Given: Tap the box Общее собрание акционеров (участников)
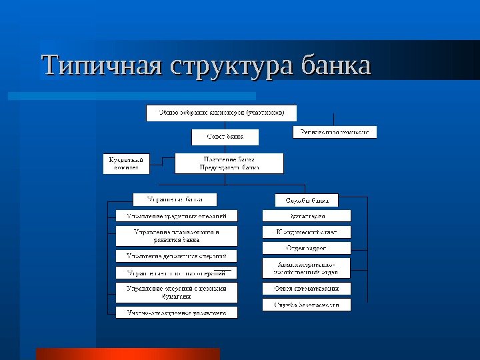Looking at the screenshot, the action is pos(221,113).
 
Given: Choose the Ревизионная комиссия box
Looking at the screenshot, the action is pos(335,132).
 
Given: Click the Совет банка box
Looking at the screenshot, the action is pos(225,137).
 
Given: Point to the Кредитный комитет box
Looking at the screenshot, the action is pos(126,163).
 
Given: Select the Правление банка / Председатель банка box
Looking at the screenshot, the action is pos(229,163).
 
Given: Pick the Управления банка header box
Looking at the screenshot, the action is pos(175,199).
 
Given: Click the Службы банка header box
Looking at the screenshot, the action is pos(307,199).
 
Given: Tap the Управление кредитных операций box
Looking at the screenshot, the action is pos(177,216).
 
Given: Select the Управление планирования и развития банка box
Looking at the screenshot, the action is pos(177,235).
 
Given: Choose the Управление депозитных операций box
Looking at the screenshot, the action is pos(177,255).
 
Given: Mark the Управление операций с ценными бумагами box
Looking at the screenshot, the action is pos(177,293).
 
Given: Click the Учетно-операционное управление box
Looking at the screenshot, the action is pos(177,312).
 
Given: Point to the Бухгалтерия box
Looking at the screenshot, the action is pos(307,216).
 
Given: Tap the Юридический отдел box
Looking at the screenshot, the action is pos(307,232).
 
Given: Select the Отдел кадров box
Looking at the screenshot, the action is pos(307,248).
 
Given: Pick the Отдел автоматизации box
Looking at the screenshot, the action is pos(307,289).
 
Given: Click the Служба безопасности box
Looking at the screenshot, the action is pos(307,305).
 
